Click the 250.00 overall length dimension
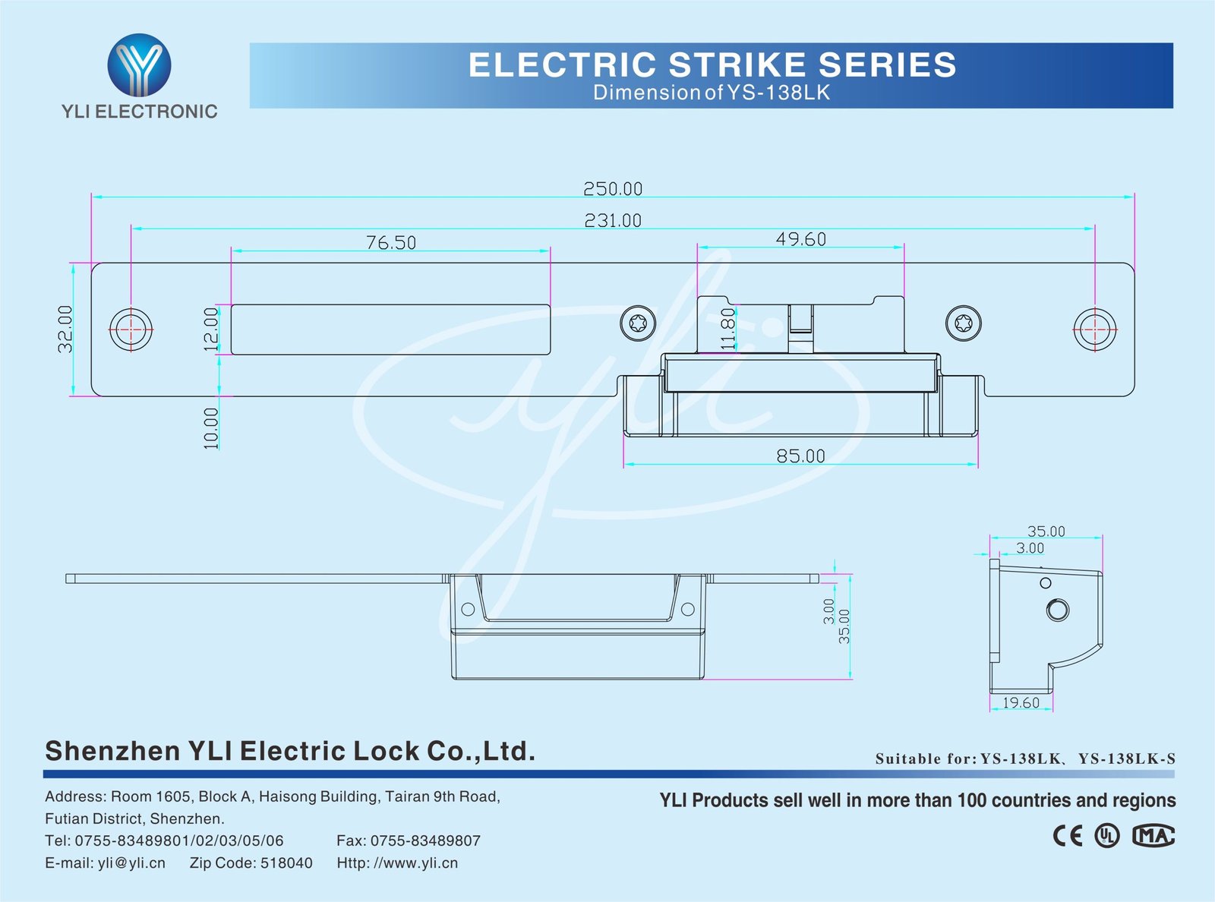click(613, 188)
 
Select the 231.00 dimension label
click(613, 221)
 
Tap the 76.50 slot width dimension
click(391, 243)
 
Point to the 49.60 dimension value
click(800, 239)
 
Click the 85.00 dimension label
click(800, 456)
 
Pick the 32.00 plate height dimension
click(66, 329)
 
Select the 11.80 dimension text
click(728, 328)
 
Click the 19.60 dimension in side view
click(1021, 703)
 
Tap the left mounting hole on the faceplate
click(131, 330)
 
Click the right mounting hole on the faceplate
click(1094, 330)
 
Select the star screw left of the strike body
click(638, 324)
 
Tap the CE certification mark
click(1068, 836)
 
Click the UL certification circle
click(1106, 836)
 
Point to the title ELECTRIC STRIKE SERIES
click(712, 65)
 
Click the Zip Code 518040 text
click(251, 863)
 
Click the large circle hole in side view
click(1057, 610)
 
